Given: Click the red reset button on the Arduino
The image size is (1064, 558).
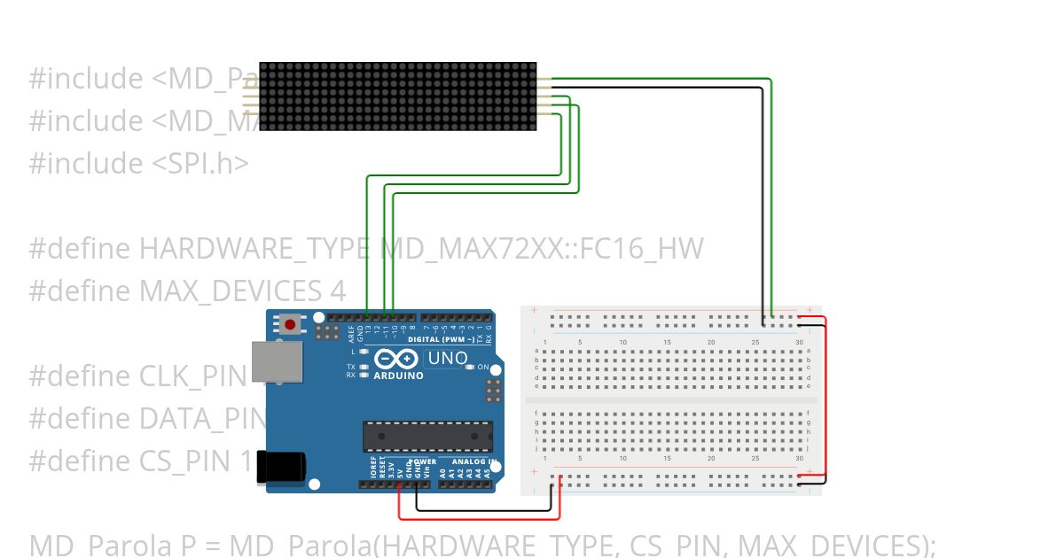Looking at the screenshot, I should [289, 324].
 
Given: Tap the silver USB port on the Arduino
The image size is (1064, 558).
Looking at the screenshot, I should [277, 362].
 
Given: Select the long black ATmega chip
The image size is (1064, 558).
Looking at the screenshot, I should [426, 436].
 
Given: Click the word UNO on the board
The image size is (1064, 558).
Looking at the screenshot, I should [448, 359].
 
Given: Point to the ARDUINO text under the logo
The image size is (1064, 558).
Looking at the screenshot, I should [398, 376].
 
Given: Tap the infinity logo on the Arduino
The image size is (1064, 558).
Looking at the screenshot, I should [396, 359].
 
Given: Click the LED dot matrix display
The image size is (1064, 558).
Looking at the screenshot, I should [398, 97].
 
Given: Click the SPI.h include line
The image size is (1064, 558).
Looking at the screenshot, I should [139, 163].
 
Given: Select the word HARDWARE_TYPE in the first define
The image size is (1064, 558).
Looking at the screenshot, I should [253, 249].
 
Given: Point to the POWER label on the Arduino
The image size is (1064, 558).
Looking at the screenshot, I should [421, 461].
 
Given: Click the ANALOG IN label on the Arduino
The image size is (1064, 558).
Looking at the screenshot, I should [473, 461].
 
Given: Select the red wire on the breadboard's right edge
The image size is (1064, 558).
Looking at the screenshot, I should [825, 399].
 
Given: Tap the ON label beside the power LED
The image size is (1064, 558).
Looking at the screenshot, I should [483, 367].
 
